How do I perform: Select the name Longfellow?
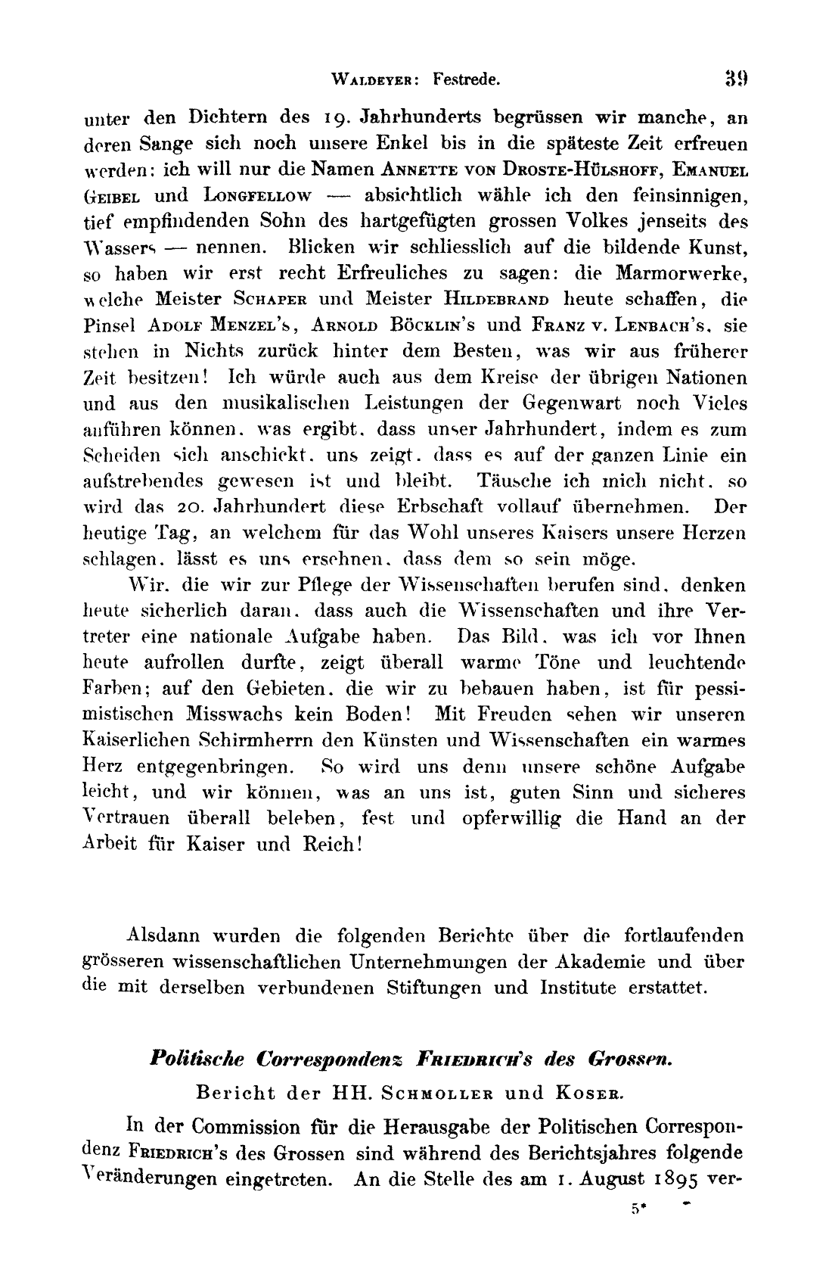pos(258,196)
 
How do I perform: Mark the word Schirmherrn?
pos(250,740)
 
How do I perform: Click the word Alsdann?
pos(165,936)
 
